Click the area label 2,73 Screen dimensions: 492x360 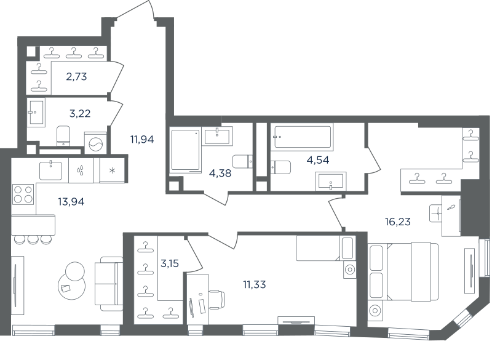point(76,76)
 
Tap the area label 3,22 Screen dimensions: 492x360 point(80,113)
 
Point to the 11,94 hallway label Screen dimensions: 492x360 point(142,139)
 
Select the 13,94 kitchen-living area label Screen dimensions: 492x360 point(71,201)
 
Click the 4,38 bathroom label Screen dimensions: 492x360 point(220,173)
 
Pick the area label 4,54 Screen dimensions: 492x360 point(318,160)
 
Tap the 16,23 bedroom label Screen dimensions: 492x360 point(397,222)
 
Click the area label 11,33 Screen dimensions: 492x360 point(255,285)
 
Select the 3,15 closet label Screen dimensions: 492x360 point(170,263)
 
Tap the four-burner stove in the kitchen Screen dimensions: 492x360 point(23,194)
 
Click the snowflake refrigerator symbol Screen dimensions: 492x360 point(112,170)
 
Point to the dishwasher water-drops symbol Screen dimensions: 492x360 point(81,170)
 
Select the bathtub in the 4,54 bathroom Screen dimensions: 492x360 point(303,137)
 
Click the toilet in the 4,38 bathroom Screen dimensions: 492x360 point(242,161)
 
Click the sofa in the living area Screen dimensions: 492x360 point(109,284)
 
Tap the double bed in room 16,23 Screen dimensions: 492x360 point(403,271)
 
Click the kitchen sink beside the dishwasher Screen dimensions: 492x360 point(51,170)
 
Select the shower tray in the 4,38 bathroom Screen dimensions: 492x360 point(186,150)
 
